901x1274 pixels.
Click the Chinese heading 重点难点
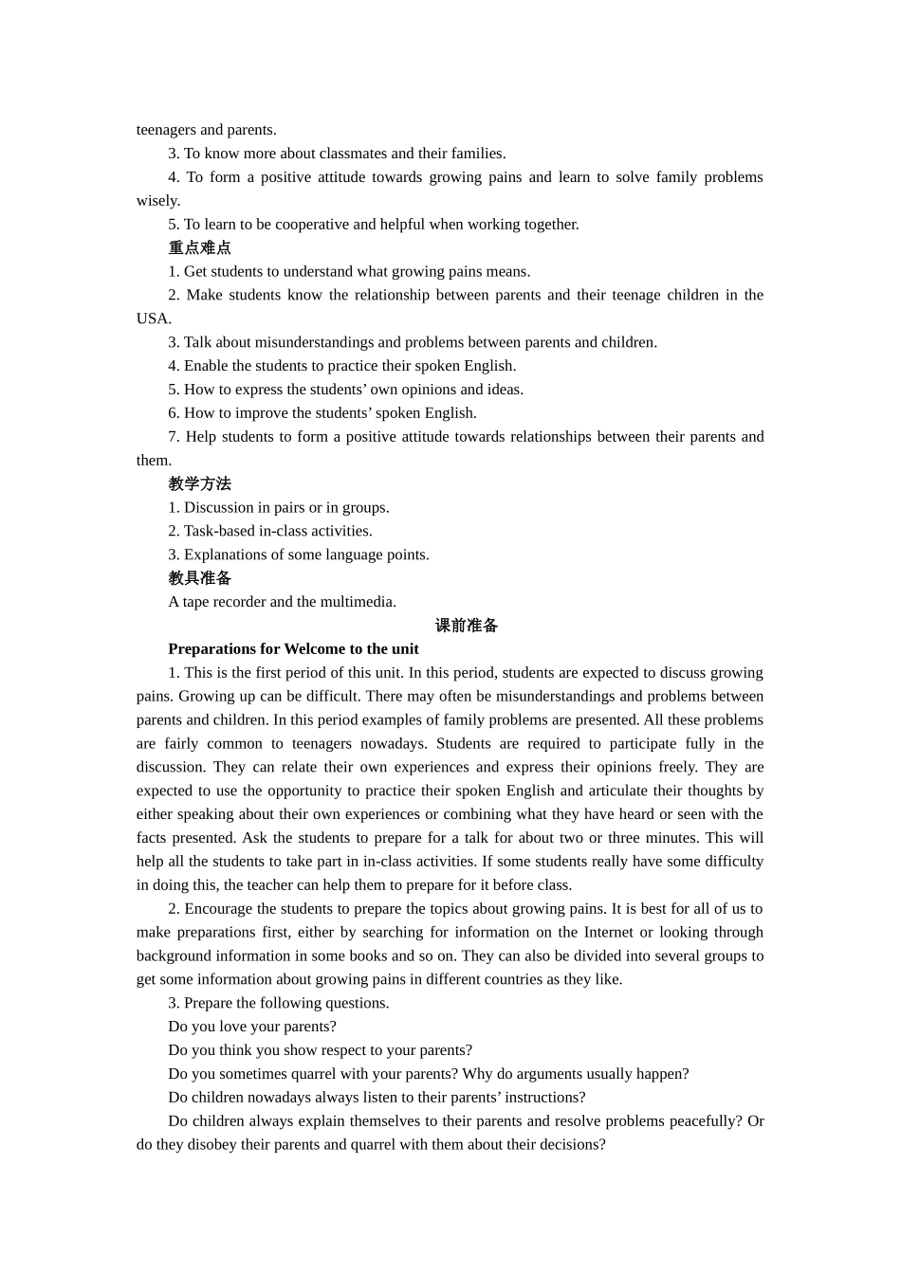click(199, 247)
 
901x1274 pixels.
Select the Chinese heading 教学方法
click(199, 483)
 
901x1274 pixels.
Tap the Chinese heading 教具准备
click(199, 578)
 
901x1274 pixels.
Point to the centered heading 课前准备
click(466, 626)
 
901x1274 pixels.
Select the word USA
click(152, 318)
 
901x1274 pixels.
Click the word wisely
click(157, 201)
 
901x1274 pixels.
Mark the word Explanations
click(228, 555)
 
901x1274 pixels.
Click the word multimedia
click(359, 602)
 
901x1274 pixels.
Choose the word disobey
click(210, 1145)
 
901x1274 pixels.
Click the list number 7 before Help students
click(173, 437)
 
